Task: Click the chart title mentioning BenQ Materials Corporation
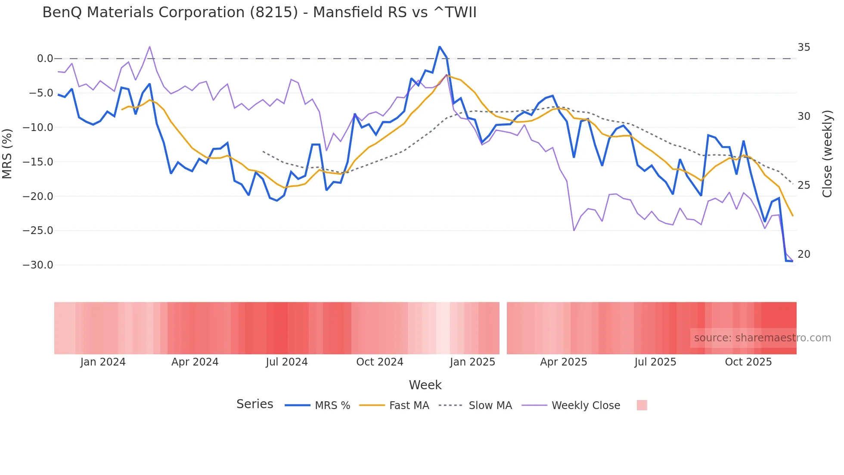pos(259,12)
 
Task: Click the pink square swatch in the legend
pos(642,405)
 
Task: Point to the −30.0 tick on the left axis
pos(38,265)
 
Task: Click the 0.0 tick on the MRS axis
pos(45,59)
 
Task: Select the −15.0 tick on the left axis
pos(38,162)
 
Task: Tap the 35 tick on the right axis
pos(804,47)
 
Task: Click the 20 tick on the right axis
pos(804,254)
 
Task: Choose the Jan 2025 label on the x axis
pos(472,362)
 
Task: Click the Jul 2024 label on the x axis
pos(286,362)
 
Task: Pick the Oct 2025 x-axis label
pos(748,362)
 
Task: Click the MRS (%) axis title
pos(7,154)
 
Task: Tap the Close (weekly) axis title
pos(827,154)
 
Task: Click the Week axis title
pos(425,385)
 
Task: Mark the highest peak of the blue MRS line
pos(439,47)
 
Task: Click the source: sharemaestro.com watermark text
pos(762,338)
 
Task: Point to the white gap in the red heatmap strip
pos(503,328)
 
